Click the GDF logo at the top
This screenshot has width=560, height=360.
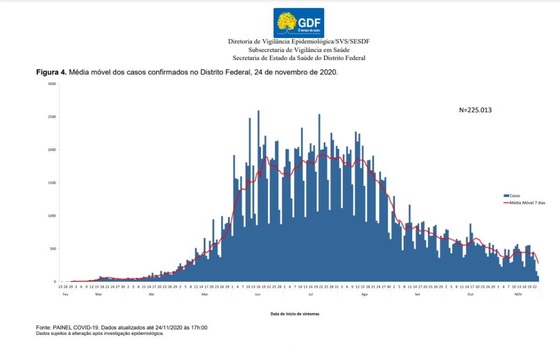(x=298, y=22)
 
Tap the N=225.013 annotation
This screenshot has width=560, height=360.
(x=475, y=110)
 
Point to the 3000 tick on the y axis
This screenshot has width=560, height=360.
(x=51, y=84)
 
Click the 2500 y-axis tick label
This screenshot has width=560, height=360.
(x=51, y=117)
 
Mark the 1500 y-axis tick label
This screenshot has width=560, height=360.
(x=51, y=183)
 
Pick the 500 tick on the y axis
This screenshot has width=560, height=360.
(x=53, y=249)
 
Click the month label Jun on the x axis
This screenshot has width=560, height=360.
(x=258, y=294)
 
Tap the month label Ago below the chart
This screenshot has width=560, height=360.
(x=364, y=294)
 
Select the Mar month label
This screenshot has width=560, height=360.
(x=98, y=294)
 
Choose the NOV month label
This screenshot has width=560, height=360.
(x=518, y=294)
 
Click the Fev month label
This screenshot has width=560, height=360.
(x=65, y=294)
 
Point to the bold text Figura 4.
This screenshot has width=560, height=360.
(x=51, y=72)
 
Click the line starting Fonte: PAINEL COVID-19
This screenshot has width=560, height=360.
(x=122, y=327)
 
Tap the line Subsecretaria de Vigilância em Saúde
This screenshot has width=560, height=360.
(x=299, y=49)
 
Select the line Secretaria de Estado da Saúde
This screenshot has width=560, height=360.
(x=299, y=58)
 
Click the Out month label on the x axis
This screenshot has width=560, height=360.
(x=471, y=294)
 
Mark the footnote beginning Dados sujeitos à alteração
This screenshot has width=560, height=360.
(x=100, y=333)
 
